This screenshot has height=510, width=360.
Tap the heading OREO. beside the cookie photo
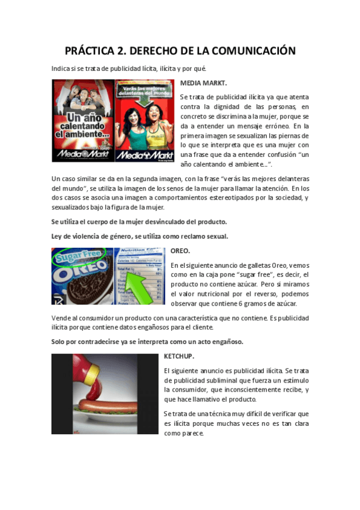[180, 250]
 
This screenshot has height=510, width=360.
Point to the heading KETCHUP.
[178, 357]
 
